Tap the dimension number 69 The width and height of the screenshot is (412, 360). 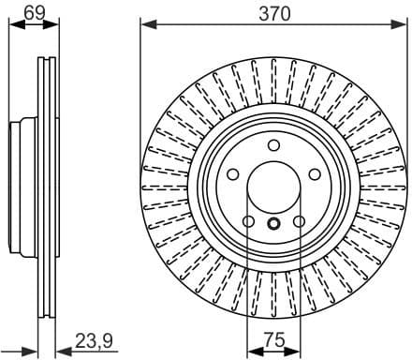(x=34, y=12)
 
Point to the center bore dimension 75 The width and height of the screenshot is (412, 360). (x=273, y=343)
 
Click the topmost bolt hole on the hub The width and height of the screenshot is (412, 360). (x=273, y=145)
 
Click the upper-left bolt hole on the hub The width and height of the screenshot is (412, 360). (x=232, y=175)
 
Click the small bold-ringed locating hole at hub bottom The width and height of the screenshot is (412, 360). (x=273, y=225)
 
